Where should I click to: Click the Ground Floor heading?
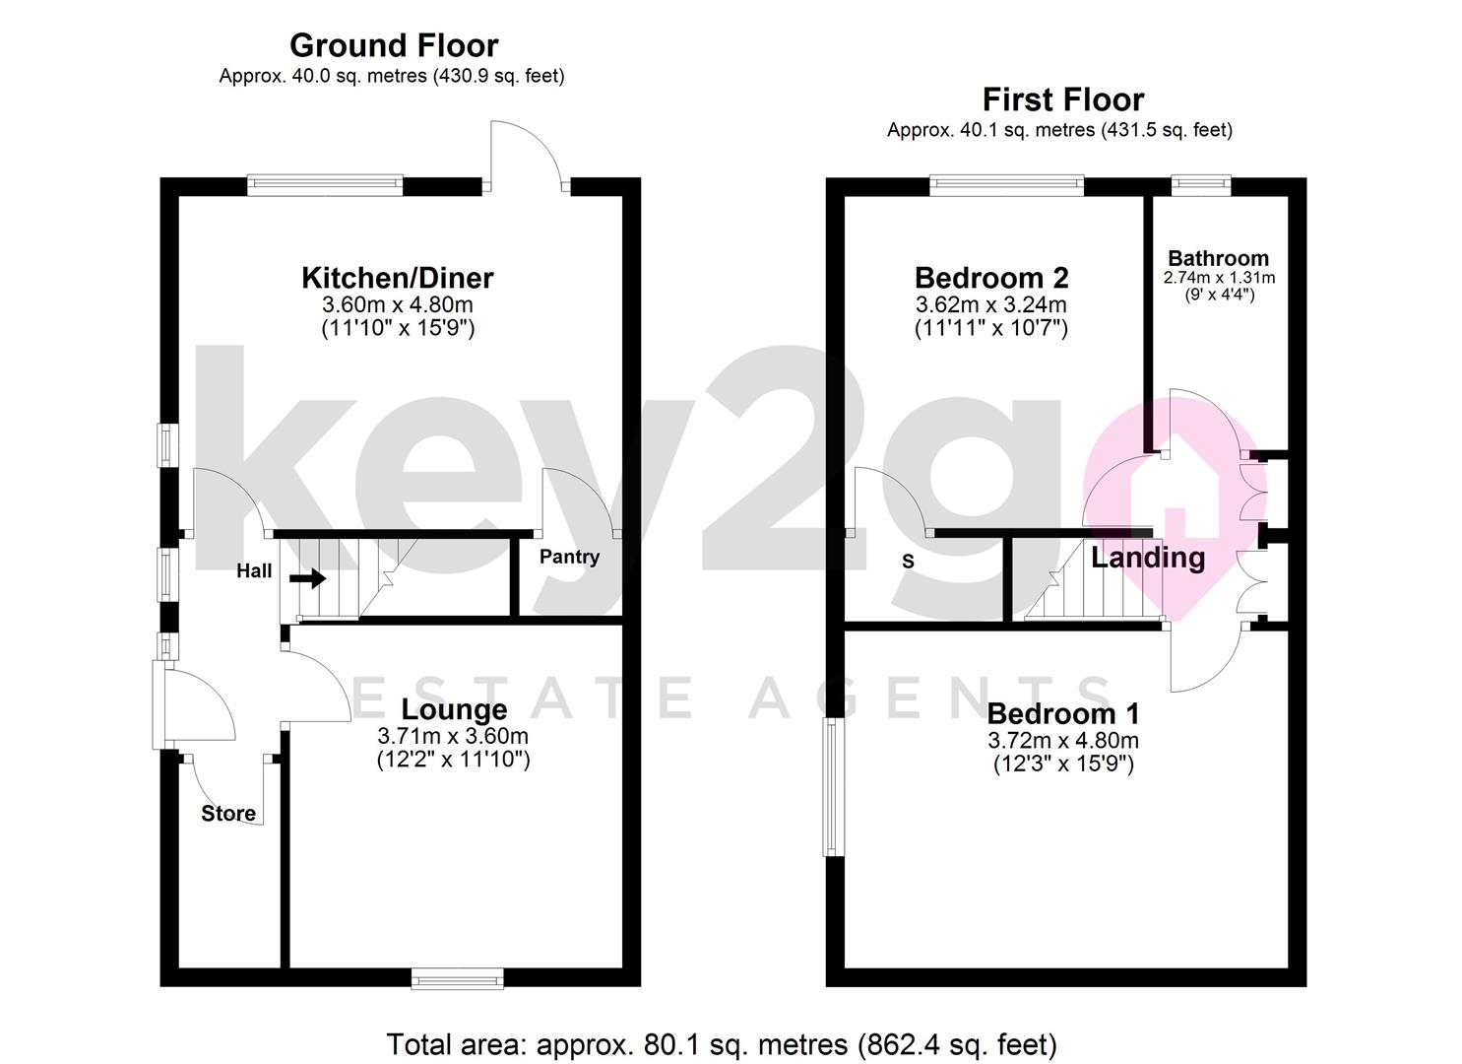pyautogui.click(x=394, y=46)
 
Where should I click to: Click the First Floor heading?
pyautogui.click(x=1063, y=100)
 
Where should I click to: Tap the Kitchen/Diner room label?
pyautogui.click(x=398, y=278)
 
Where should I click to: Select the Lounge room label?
pyautogui.click(x=454, y=709)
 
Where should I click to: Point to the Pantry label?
pyautogui.click(x=570, y=558)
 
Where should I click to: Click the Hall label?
pyautogui.click(x=254, y=571)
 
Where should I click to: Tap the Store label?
pyautogui.click(x=228, y=814)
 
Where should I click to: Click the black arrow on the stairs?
pyautogui.click(x=307, y=578)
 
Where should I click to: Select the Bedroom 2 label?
pyautogui.click(x=991, y=278)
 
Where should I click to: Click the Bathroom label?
pyautogui.click(x=1219, y=258)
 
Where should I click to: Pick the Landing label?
pyautogui.click(x=1148, y=558)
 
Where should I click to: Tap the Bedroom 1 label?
pyautogui.click(x=1063, y=714)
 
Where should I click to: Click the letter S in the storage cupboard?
pyautogui.click(x=908, y=562)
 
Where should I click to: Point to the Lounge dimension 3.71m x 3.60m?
pyautogui.click(x=453, y=736)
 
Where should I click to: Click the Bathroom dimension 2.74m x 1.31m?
pyautogui.click(x=1219, y=278)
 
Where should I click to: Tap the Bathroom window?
pyautogui.click(x=1201, y=185)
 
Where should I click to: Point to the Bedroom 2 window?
pyautogui.click(x=1007, y=185)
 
